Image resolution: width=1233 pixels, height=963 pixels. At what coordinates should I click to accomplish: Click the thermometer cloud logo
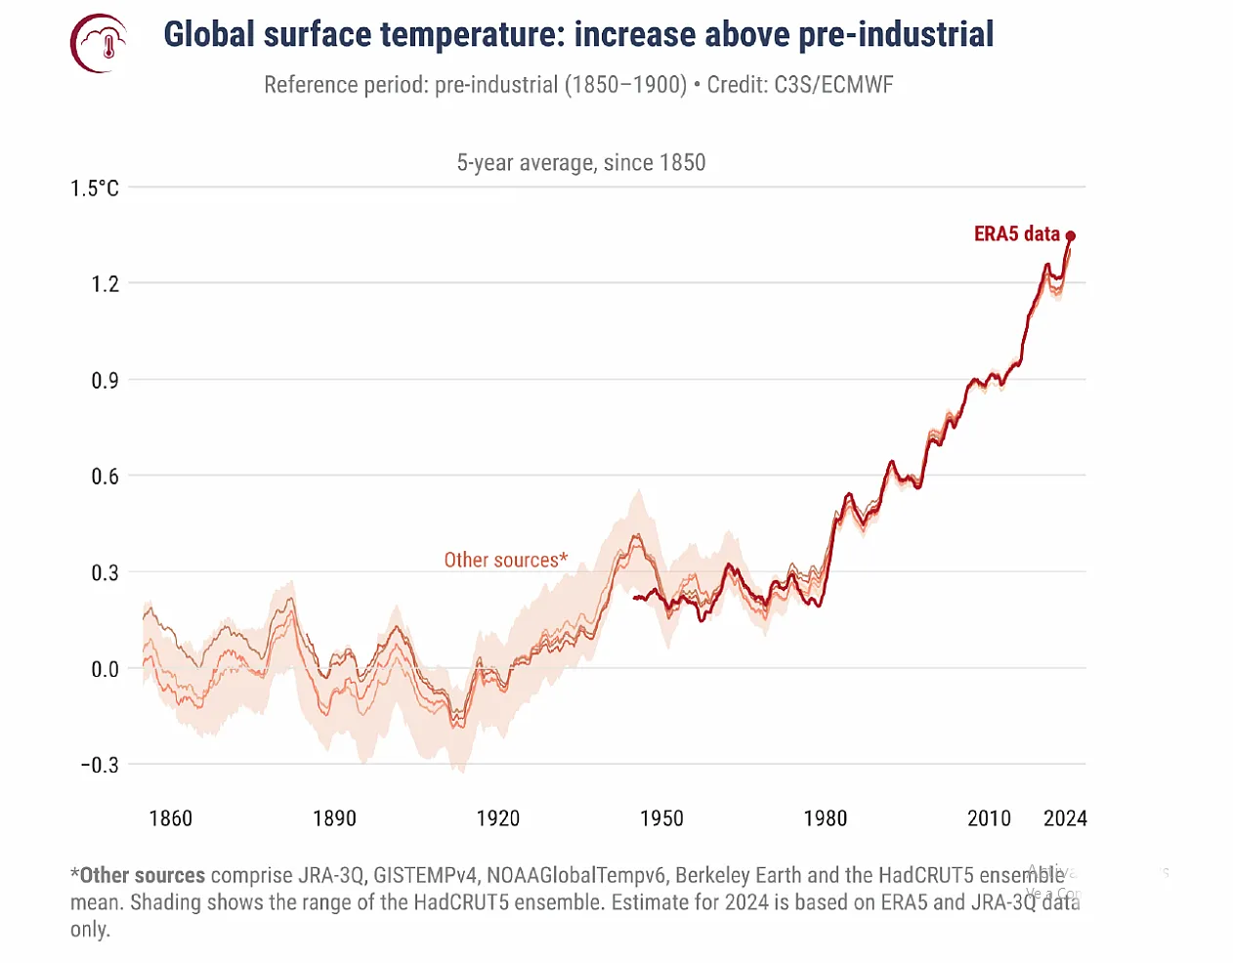point(100,44)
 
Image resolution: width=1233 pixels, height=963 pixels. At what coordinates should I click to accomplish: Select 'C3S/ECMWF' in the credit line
point(833,85)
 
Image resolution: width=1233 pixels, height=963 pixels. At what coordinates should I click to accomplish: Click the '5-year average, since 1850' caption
point(581,163)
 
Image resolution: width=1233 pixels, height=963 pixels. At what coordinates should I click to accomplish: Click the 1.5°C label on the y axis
point(95,188)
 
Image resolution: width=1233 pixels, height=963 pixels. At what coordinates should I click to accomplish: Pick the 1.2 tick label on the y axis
point(105,284)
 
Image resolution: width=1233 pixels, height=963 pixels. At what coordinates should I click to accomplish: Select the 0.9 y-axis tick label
point(105,381)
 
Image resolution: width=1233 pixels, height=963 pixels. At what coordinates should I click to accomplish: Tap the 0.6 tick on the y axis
point(105,477)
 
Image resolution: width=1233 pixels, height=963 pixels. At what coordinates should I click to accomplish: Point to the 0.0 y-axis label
point(105,670)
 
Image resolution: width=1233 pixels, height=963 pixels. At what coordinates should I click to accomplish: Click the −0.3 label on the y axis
point(100,766)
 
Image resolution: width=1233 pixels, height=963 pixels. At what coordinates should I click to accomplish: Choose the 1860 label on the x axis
point(171,818)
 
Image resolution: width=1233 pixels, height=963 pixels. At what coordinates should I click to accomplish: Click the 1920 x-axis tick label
point(498,818)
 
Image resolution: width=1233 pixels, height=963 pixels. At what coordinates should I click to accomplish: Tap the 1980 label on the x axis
point(826,818)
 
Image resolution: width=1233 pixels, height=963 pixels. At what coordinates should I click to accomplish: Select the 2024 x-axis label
point(1065,818)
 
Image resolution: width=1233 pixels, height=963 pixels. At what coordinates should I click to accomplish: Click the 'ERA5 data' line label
point(1017,234)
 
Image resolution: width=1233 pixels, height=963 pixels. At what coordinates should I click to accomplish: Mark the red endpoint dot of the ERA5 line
point(1071,236)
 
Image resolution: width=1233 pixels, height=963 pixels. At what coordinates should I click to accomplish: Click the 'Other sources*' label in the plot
point(505,561)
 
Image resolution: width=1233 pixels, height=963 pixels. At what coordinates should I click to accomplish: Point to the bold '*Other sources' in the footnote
point(138,876)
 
